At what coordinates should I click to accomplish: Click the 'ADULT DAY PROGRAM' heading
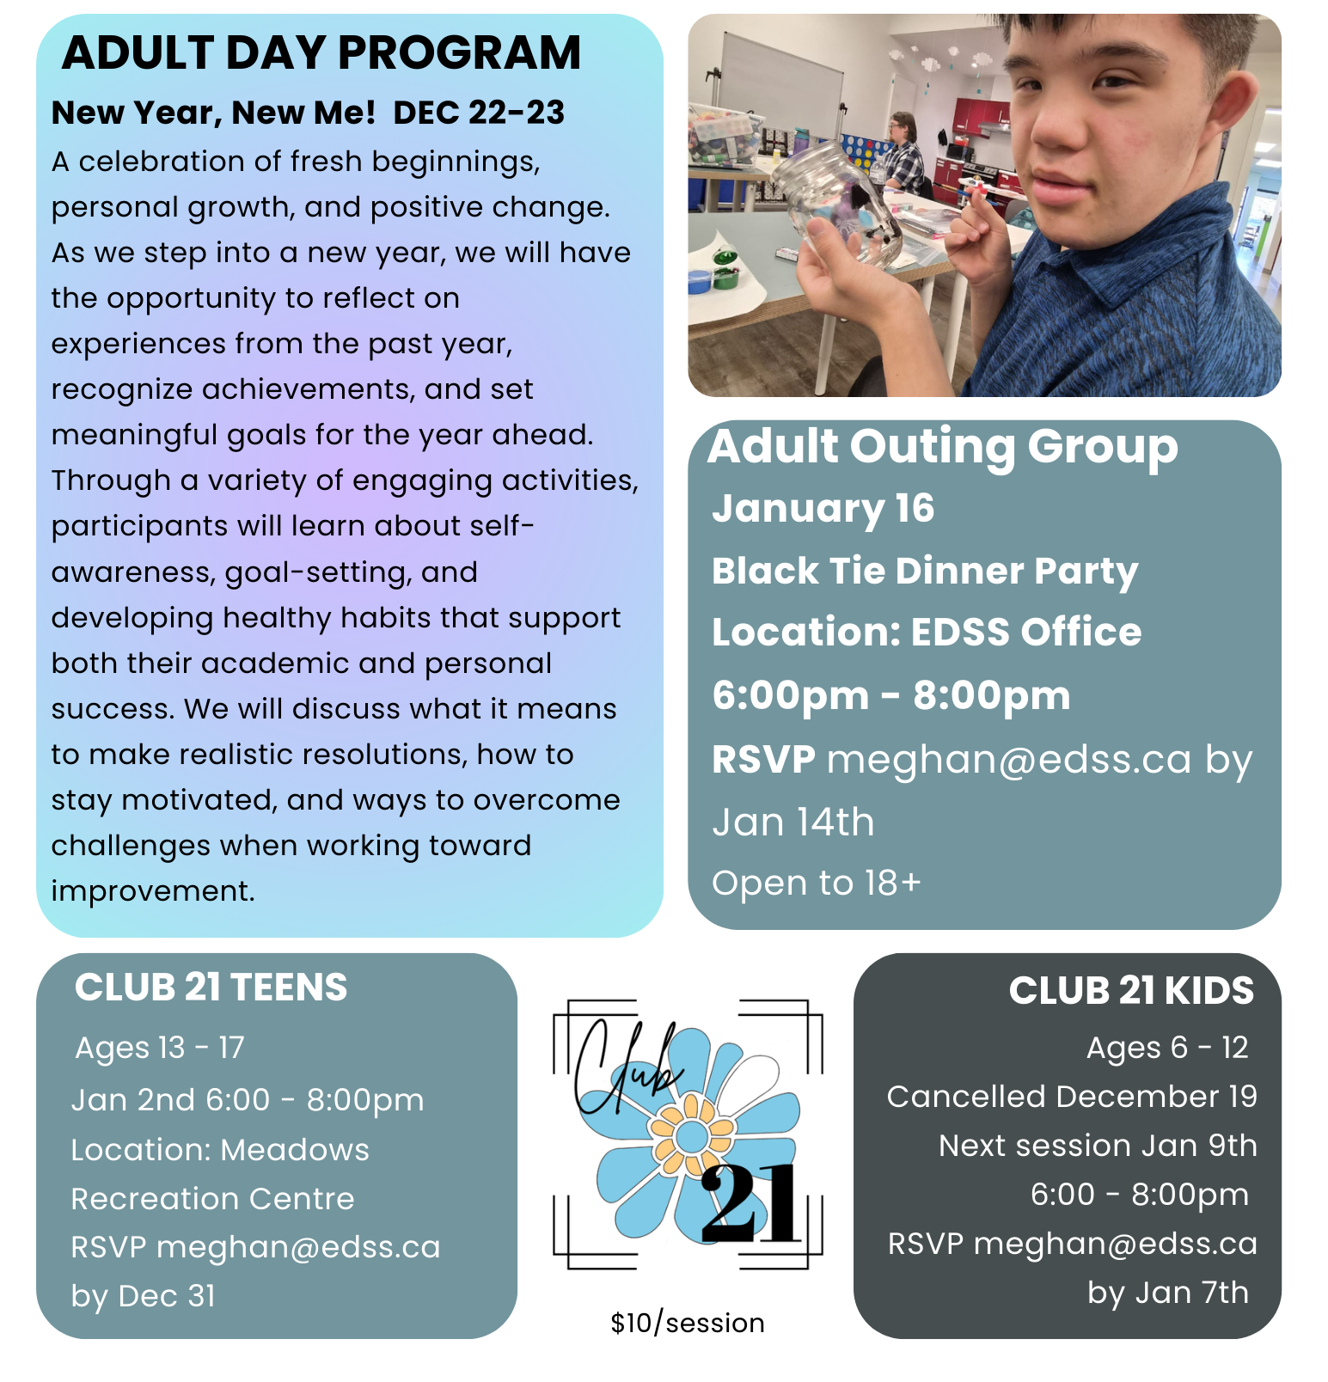[321, 53]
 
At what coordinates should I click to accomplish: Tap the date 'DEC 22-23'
[479, 113]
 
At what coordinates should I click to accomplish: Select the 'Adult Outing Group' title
[942, 447]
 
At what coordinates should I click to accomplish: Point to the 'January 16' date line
[823, 508]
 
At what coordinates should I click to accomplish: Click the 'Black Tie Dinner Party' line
[925, 572]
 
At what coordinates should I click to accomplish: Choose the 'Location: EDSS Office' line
[927, 633]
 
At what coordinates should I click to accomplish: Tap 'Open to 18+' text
[817, 883]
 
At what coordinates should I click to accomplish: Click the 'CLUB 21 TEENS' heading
[211, 988]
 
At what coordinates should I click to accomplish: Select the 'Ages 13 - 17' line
[160, 1048]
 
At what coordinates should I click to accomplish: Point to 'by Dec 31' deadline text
[144, 1295]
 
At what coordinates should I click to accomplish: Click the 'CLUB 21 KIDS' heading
[1131, 991]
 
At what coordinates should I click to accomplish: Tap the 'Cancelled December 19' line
[1072, 1097]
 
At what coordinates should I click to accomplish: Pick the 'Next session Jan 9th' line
[1098, 1146]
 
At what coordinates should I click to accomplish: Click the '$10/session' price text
[688, 1323]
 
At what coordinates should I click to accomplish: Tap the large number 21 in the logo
[750, 1205]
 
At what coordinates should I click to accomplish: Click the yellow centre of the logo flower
[691, 1136]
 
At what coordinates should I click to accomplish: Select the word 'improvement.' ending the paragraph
[153, 891]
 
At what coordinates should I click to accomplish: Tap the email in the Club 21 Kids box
[1116, 1244]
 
